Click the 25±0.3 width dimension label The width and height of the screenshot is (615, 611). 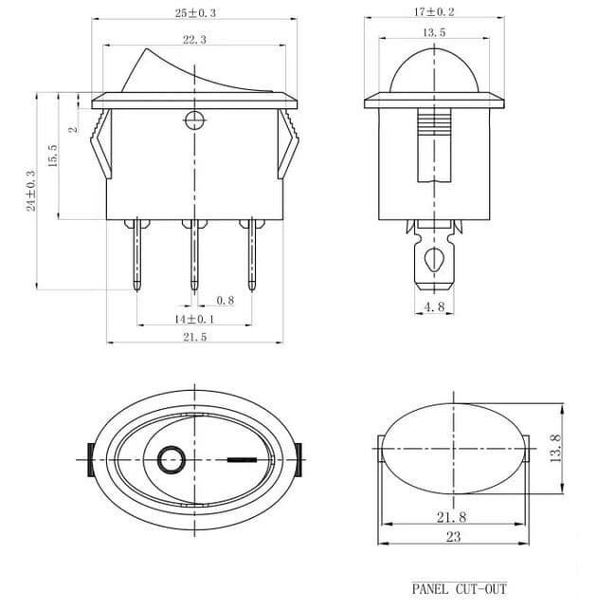click(x=194, y=13)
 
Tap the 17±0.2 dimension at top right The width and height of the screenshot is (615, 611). click(x=433, y=12)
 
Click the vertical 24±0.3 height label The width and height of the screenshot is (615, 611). click(x=31, y=190)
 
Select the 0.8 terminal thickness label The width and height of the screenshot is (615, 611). click(x=226, y=301)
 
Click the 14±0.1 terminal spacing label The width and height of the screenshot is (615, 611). click(x=193, y=319)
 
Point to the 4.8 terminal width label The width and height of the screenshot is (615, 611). click(x=433, y=307)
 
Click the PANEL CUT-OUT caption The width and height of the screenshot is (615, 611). click(x=459, y=589)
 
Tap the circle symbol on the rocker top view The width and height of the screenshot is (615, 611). click(x=171, y=461)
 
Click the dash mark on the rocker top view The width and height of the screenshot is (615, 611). click(x=243, y=462)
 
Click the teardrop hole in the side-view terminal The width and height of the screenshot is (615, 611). click(x=434, y=260)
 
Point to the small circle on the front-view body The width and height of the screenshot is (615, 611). click(x=194, y=120)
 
